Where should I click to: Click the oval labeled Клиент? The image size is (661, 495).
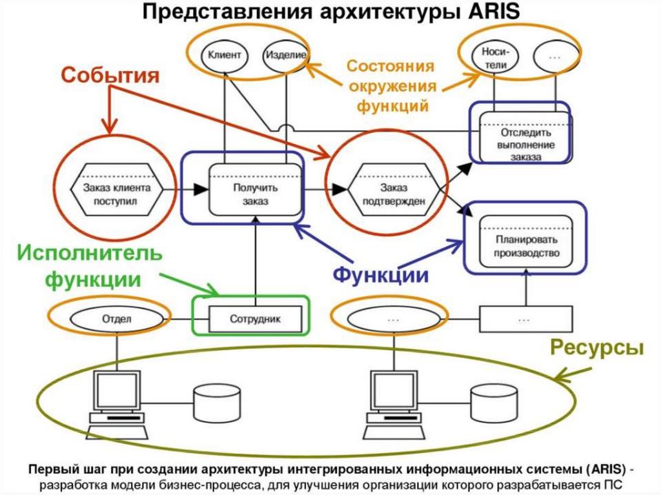pyautogui.click(x=224, y=56)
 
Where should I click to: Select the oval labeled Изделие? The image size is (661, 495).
pyautogui.click(x=285, y=56)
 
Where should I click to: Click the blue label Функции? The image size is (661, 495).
pyautogui.click(x=381, y=274)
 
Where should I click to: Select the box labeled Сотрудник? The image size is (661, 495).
pyautogui.click(x=256, y=318)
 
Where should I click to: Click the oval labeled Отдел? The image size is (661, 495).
pyautogui.click(x=117, y=318)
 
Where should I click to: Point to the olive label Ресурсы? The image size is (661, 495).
pyautogui.click(x=597, y=348)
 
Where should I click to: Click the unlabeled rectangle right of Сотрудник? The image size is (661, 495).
pyautogui.click(x=524, y=318)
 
